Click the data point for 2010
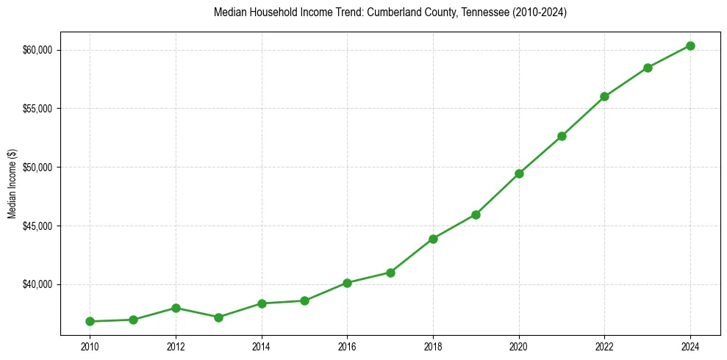[90, 321]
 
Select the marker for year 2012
[176, 308]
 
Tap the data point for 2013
[218, 317]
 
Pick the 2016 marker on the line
[347, 283]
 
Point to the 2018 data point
[433, 239]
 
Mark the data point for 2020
[519, 173]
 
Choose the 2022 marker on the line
[604, 96]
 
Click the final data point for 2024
[690, 46]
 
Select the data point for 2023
[648, 68]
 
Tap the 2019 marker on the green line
[476, 215]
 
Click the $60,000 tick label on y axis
[37, 50]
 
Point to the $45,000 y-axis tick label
[37, 226]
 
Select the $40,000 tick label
[37, 284]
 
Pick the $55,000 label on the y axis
[37, 109]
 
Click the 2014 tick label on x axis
[261, 346]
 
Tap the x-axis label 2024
[690, 346]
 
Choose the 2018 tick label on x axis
[433, 346]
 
